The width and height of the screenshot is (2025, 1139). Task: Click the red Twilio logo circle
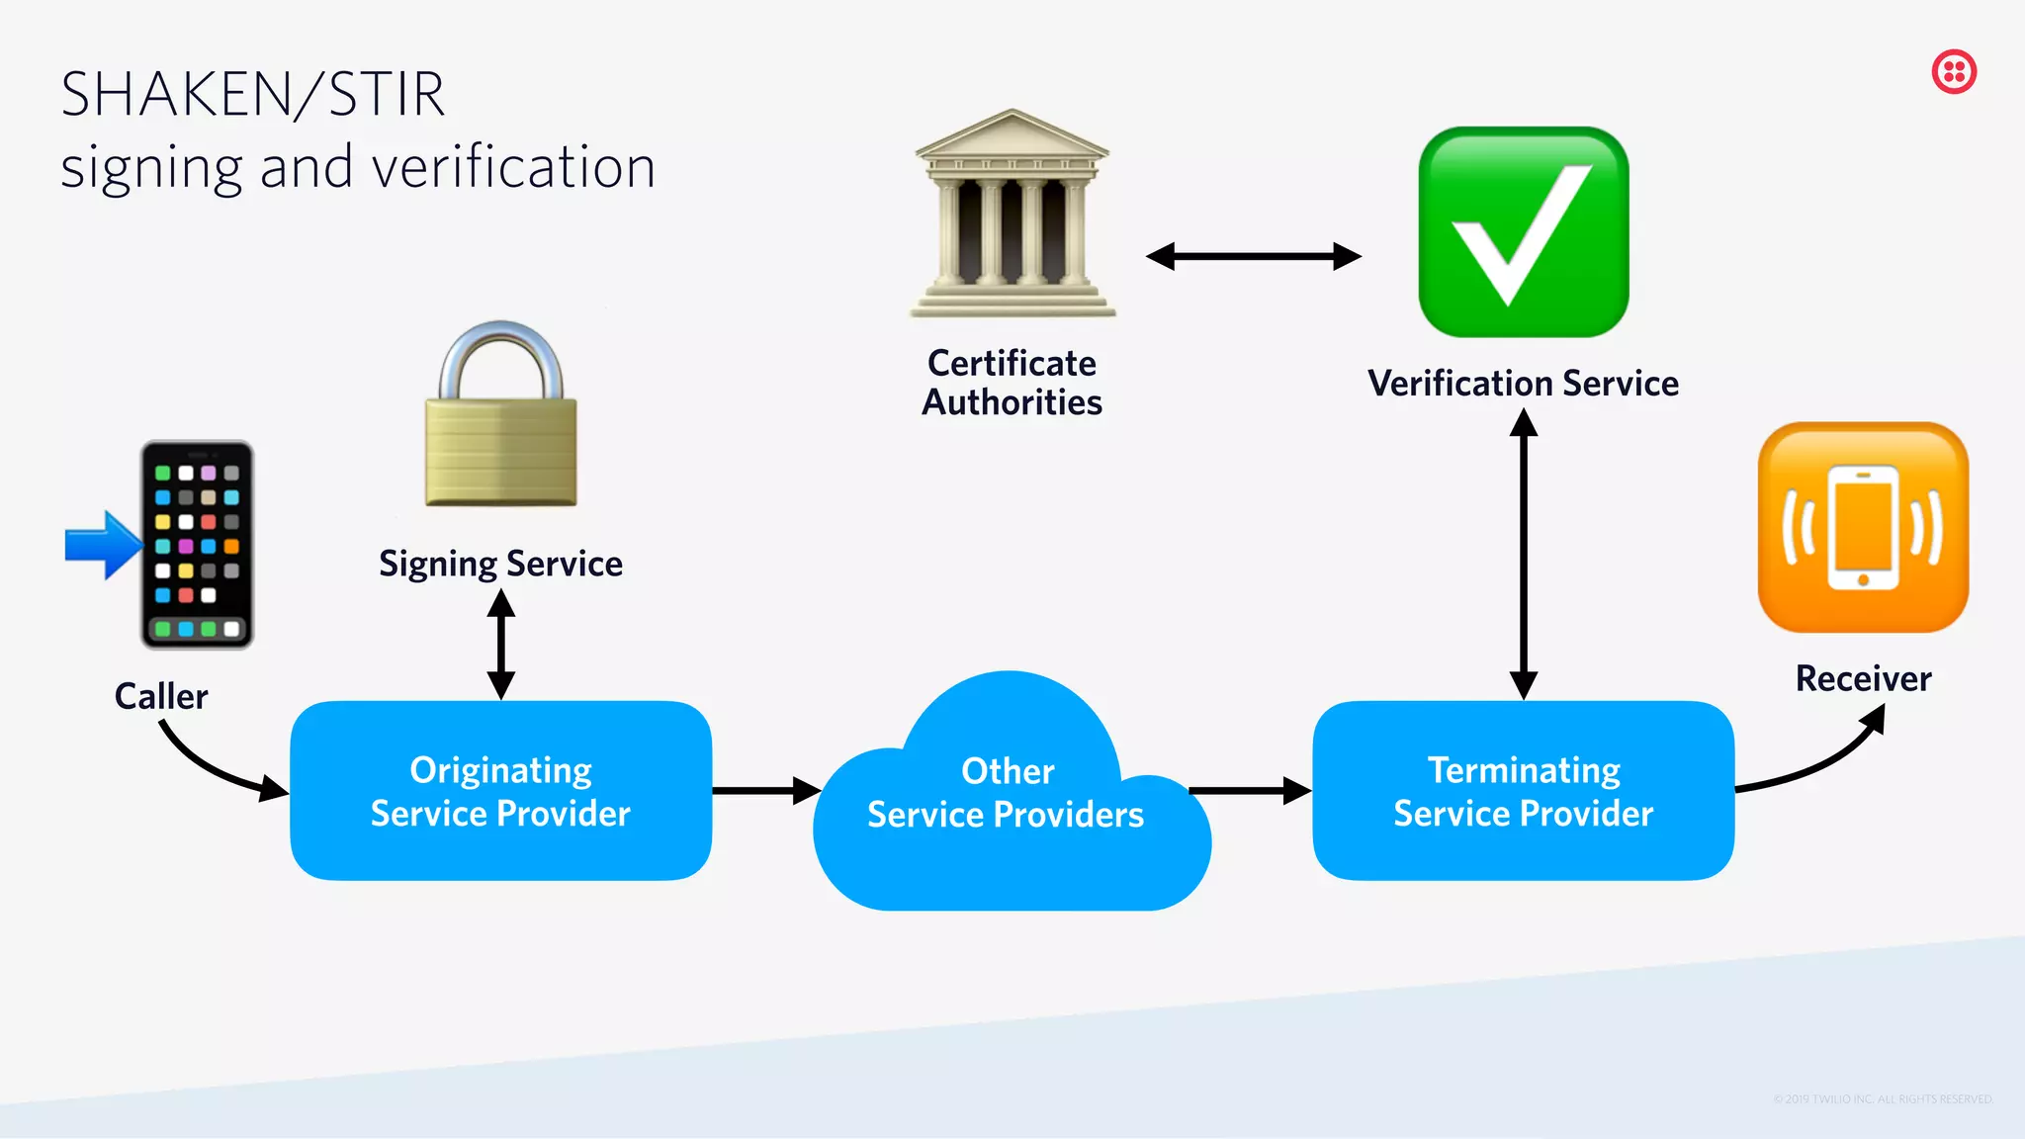(x=1954, y=72)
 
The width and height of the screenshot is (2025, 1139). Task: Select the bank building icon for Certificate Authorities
(x=1012, y=216)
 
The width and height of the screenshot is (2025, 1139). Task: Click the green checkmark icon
(x=1523, y=232)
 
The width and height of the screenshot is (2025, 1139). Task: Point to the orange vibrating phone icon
(x=1863, y=527)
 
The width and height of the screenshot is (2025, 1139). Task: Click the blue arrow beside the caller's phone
(x=102, y=545)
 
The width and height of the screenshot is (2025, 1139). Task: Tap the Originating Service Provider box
(x=500, y=791)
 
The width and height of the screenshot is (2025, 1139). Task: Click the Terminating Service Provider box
(x=1523, y=791)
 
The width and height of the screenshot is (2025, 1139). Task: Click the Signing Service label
(x=500, y=564)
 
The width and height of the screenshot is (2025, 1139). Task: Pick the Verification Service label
(x=1523, y=384)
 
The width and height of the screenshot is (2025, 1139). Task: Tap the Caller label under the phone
(x=161, y=696)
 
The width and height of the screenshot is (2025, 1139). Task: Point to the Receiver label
(x=1863, y=679)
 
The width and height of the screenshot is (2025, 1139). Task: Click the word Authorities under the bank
(x=1012, y=403)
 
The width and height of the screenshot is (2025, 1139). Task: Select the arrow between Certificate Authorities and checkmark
(x=1253, y=257)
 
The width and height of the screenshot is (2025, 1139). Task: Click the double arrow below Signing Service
(x=501, y=645)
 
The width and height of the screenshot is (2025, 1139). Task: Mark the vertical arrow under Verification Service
(x=1524, y=554)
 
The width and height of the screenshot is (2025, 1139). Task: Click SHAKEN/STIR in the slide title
(x=253, y=95)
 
